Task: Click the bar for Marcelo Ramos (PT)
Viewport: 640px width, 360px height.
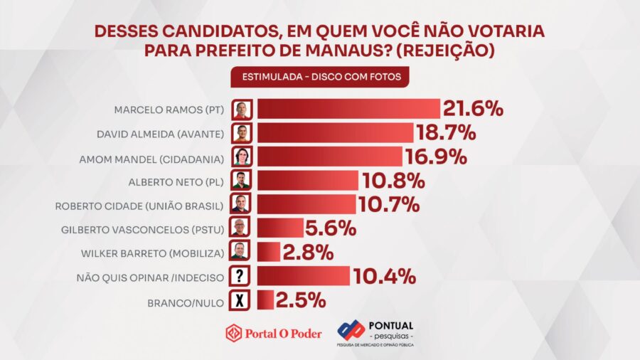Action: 348,110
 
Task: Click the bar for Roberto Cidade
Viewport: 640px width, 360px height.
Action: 306,205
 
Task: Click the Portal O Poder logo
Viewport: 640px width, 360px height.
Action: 274,333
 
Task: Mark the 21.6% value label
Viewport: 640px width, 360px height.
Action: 474,110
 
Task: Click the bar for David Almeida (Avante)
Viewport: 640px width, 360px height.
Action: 335,133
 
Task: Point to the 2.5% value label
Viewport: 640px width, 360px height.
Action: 300,300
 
